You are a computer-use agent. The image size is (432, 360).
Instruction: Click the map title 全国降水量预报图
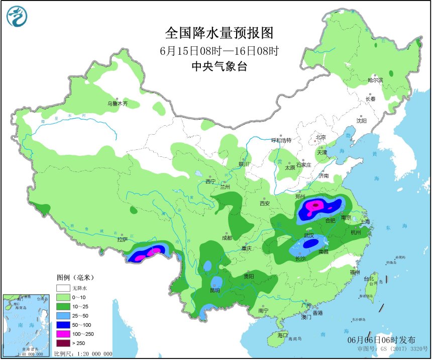(219, 33)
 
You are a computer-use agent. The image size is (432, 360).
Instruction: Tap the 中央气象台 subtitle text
(219, 66)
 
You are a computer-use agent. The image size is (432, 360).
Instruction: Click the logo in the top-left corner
(17, 17)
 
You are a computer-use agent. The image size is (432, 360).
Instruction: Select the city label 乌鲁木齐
(117, 104)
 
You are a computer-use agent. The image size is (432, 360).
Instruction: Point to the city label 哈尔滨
(375, 80)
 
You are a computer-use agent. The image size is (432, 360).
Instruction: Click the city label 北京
(320, 137)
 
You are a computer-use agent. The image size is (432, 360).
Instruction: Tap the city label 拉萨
(123, 240)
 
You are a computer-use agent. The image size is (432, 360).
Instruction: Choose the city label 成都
(227, 238)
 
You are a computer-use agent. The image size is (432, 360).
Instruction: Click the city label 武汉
(309, 235)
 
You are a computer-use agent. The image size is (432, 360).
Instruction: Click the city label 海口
(282, 335)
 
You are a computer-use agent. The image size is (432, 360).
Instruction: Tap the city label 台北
(369, 279)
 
